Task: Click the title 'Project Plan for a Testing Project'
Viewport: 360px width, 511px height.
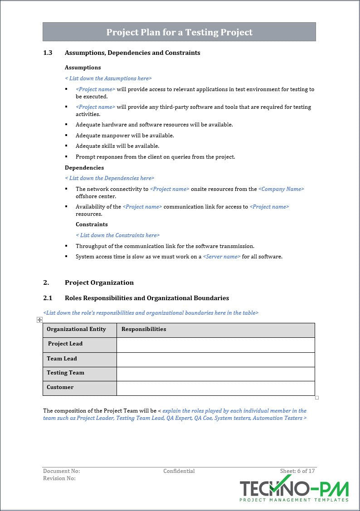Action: coord(179,32)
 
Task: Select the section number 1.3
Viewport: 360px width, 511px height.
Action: coord(48,53)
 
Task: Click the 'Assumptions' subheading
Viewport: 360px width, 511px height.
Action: coord(83,68)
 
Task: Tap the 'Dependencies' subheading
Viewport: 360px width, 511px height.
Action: coord(84,168)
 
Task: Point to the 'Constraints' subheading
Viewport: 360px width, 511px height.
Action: coord(92,224)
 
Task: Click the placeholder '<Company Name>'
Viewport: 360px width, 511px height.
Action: coord(281,189)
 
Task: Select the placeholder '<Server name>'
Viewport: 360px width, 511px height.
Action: coord(222,257)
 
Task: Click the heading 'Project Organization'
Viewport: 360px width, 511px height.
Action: coord(99,282)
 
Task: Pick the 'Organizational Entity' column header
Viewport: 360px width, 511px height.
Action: coord(76,329)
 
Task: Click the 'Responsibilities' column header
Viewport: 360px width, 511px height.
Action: coord(144,329)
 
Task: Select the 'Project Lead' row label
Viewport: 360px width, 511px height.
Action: coord(65,344)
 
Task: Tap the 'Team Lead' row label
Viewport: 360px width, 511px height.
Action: coord(62,359)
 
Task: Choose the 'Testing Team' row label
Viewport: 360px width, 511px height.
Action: coord(65,373)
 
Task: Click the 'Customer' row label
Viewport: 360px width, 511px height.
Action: coord(60,387)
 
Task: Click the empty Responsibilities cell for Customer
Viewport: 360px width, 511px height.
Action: coord(215,388)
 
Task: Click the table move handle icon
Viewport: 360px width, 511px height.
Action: coord(40,320)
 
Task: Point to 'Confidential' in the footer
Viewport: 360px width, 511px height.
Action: coord(179,471)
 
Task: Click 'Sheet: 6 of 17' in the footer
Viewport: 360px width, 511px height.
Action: coord(297,471)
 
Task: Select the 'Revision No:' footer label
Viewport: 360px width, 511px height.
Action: coord(59,478)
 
